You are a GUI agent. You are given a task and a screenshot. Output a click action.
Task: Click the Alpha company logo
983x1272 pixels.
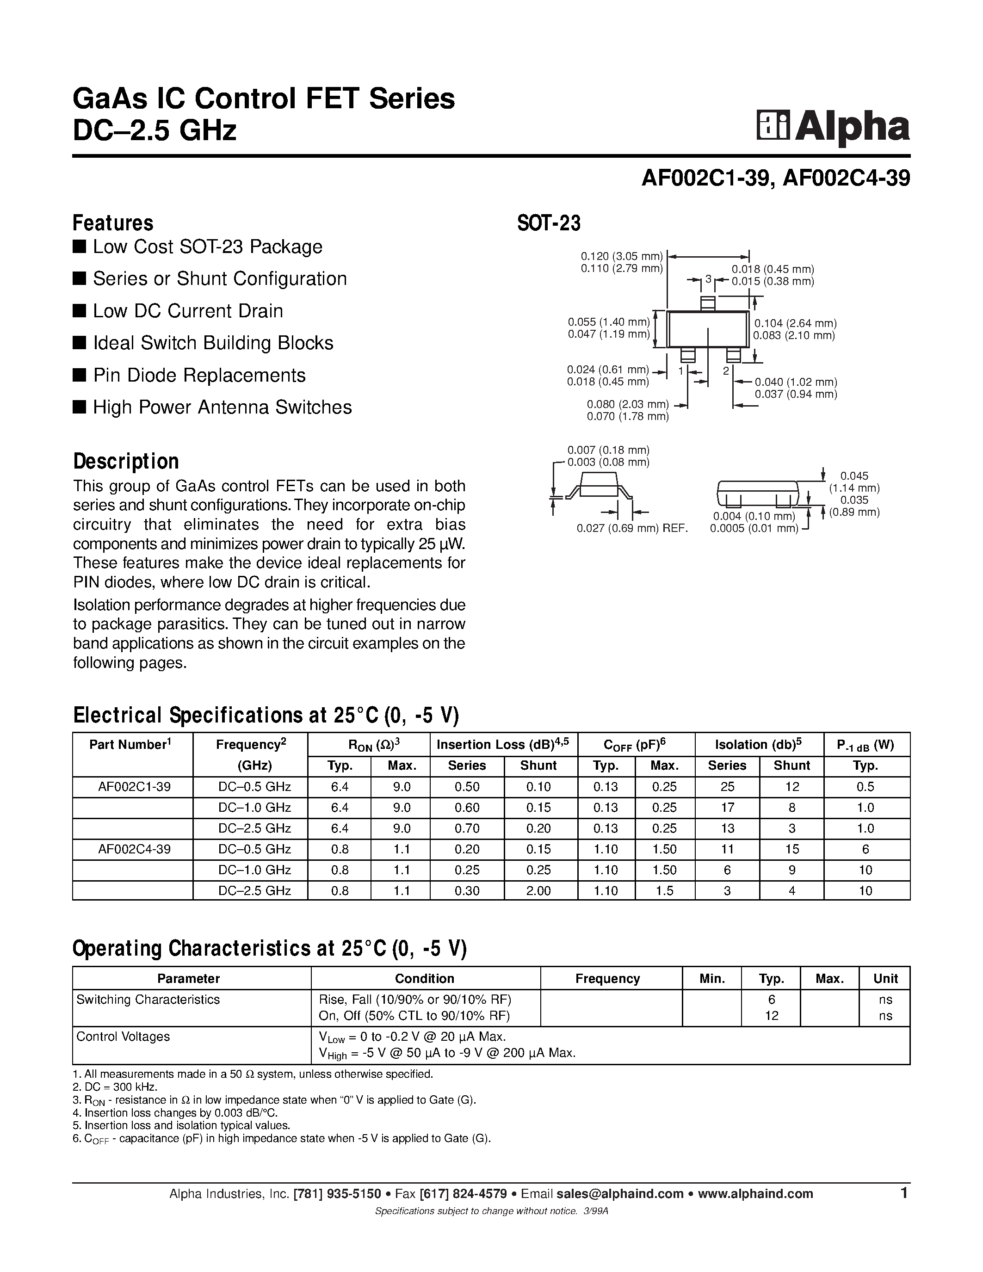point(833,126)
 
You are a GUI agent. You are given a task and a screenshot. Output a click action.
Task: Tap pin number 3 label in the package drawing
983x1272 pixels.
point(708,279)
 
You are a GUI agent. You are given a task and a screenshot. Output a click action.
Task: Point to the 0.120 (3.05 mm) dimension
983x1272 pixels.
point(622,256)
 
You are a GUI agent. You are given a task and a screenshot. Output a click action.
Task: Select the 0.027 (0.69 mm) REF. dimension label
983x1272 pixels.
point(632,528)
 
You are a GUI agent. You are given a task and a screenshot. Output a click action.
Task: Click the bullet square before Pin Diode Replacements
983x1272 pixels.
point(79,375)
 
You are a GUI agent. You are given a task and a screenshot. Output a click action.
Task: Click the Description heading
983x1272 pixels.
point(126,461)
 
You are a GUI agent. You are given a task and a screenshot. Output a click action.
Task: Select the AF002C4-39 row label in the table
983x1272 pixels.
point(135,849)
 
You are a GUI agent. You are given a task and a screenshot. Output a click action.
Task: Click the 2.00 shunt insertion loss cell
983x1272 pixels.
point(538,890)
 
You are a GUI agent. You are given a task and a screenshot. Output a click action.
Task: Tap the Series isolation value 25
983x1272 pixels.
point(727,786)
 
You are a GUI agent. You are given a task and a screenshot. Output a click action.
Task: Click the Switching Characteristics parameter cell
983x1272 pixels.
point(148,1000)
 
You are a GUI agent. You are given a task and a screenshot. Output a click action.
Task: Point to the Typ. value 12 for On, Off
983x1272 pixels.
point(771,1016)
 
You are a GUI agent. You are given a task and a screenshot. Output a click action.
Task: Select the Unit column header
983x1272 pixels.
point(885,978)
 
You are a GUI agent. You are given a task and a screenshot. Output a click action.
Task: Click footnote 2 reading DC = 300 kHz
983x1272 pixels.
point(115,1087)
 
